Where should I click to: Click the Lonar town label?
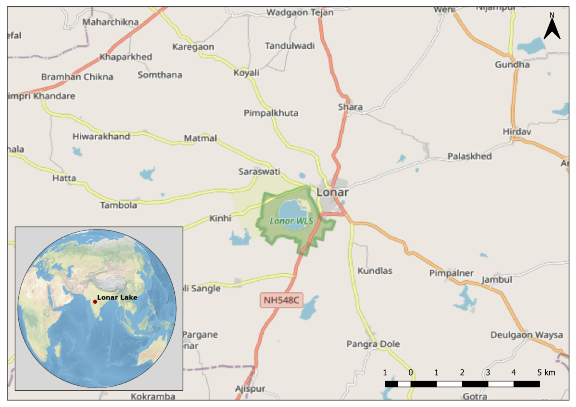(332, 192)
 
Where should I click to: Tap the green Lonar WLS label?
(291, 221)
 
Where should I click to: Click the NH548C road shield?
(281, 300)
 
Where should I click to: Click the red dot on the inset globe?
(95, 302)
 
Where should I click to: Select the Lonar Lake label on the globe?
(117, 297)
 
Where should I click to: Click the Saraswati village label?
(259, 171)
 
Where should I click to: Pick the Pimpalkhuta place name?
(271, 113)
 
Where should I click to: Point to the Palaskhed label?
(469, 156)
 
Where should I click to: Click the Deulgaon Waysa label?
(526, 335)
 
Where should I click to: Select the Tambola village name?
(118, 205)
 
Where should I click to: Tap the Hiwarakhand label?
(101, 136)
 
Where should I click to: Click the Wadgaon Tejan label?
(300, 12)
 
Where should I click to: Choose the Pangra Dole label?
(373, 344)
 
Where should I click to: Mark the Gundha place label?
(512, 64)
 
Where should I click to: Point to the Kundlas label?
(375, 271)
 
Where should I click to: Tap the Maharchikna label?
(110, 22)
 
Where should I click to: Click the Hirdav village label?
(517, 131)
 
